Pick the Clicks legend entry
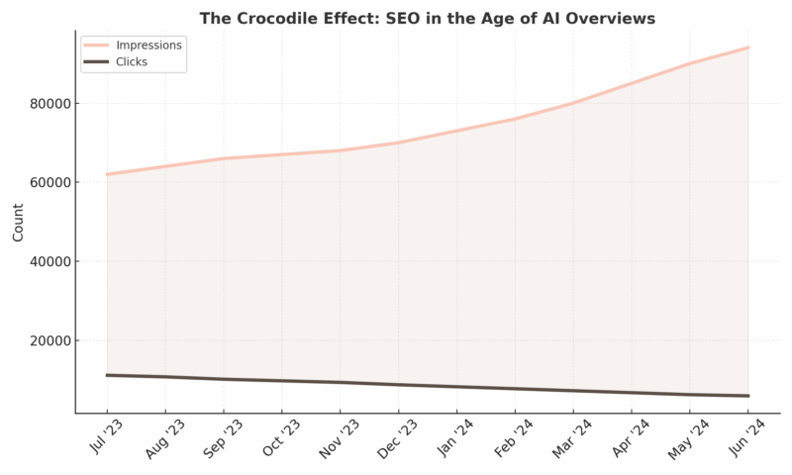coord(137,61)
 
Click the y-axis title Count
coord(18,222)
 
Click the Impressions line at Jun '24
coord(748,47)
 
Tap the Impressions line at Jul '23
coord(107,174)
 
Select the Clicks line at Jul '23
coord(107,375)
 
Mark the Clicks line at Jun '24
coord(748,396)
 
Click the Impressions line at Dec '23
coord(399,142)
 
